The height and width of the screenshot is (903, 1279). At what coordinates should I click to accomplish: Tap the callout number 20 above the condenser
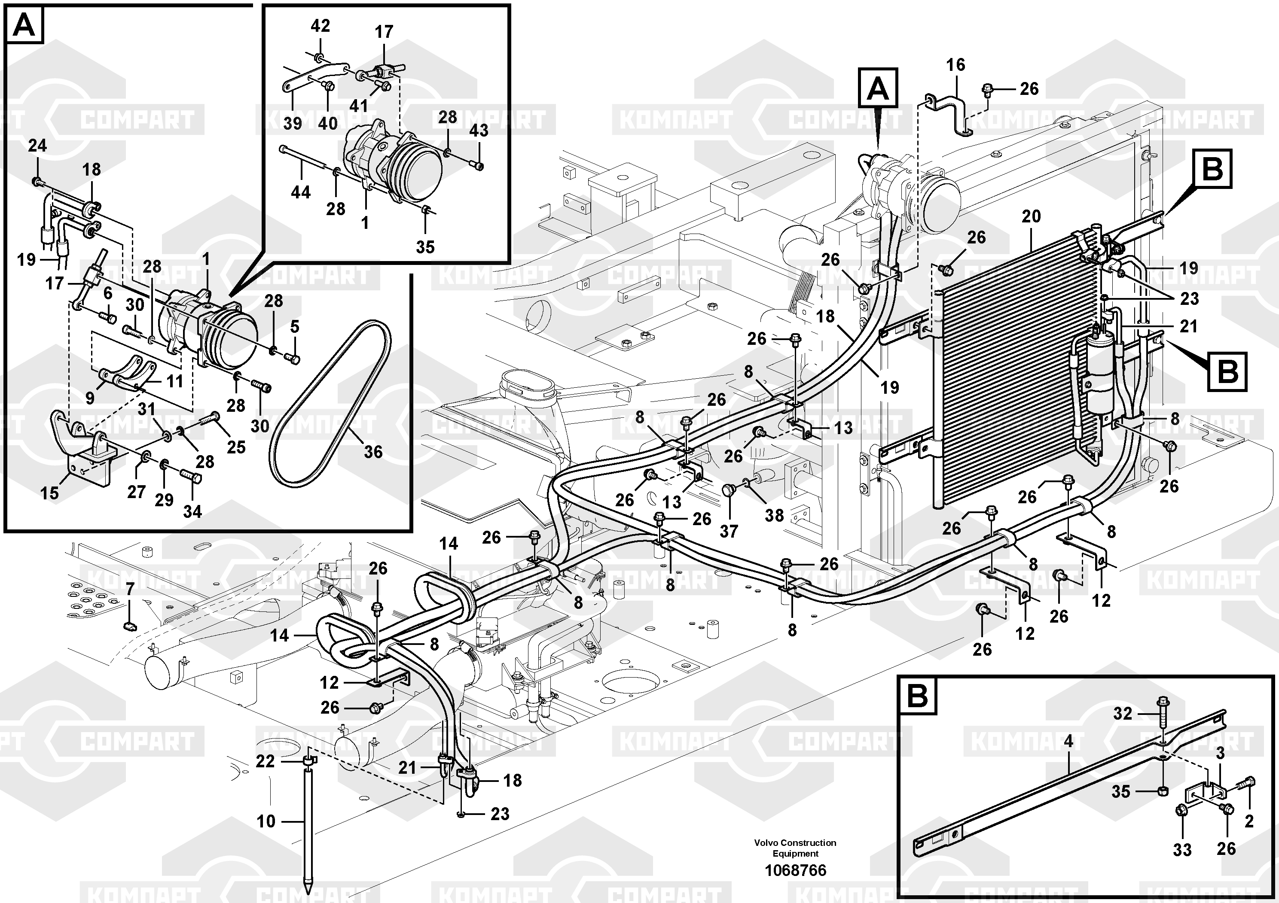click(1031, 216)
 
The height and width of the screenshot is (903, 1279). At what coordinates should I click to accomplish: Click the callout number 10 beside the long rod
click(266, 821)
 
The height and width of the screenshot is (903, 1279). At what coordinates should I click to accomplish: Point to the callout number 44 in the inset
click(301, 193)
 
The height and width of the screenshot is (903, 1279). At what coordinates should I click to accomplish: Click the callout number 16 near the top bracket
click(955, 65)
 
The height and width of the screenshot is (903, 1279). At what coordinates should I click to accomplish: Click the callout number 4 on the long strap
click(1068, 742)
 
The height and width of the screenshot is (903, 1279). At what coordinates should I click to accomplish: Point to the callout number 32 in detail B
click(1123, 714)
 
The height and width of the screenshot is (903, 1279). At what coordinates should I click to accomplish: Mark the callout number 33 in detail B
click(1182, 850)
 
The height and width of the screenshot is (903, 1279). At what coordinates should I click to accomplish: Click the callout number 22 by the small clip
click(265, 761)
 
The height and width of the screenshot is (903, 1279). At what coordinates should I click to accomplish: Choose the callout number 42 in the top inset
click(321, 26)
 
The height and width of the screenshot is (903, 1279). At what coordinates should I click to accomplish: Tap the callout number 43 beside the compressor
click(479, 130)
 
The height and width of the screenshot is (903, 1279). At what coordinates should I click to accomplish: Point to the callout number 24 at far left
click(37, 146)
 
